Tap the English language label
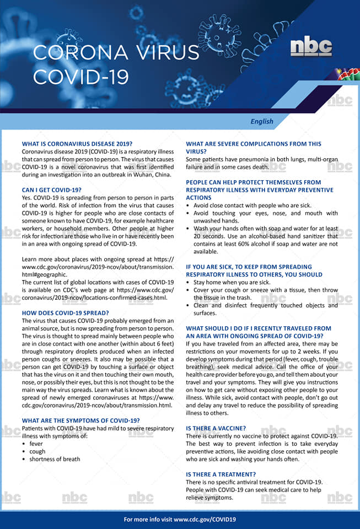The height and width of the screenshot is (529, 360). [x=261, y=121]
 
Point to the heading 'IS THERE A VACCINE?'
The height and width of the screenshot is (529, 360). [x=216, y=428]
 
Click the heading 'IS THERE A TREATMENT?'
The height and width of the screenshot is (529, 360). [x=221, y=474]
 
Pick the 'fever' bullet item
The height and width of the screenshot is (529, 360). [x=36, y=443]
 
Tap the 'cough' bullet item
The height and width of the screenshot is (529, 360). [x=37, y=451]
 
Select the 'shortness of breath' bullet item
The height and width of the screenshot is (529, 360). [x=55, y=459]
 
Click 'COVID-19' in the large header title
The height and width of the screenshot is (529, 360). [x=80, y=77]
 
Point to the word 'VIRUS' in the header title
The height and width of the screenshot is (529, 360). [x=163, y=53]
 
